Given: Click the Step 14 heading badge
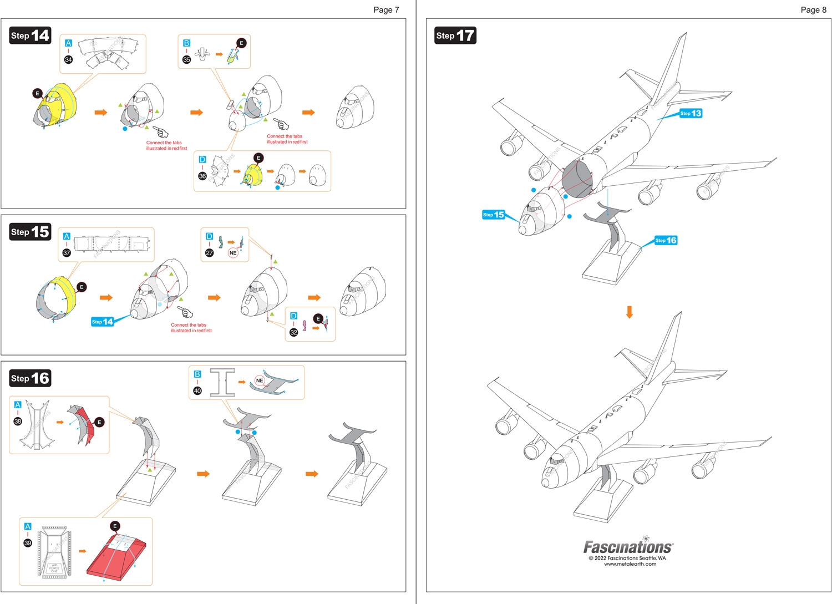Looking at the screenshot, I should click(30, 35).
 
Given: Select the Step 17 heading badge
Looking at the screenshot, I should click(455, 35).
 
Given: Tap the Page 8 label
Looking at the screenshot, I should click(813, 9).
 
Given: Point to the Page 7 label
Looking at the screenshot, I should click(386, 9).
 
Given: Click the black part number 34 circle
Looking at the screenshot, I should click(68, 59).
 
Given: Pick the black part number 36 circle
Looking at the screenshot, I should click(202, 176).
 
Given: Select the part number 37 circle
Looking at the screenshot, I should click(67, 253).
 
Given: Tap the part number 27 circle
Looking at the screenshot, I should click(209, 253).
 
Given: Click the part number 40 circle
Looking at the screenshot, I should click(197, 390).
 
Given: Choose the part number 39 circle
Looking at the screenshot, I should click(28, 543).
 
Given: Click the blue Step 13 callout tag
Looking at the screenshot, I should click(691, 113).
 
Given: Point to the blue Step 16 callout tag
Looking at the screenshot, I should click(666, 240).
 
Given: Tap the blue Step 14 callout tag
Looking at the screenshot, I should click(103, 322).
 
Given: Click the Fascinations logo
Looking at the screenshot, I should click(627, 547).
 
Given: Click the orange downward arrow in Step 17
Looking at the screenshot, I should click(630, 312).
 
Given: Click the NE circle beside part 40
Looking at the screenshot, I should click(260, 380).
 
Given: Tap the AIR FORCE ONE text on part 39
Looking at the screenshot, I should click(54, 568).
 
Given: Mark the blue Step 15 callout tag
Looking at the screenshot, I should click(493, 215).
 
